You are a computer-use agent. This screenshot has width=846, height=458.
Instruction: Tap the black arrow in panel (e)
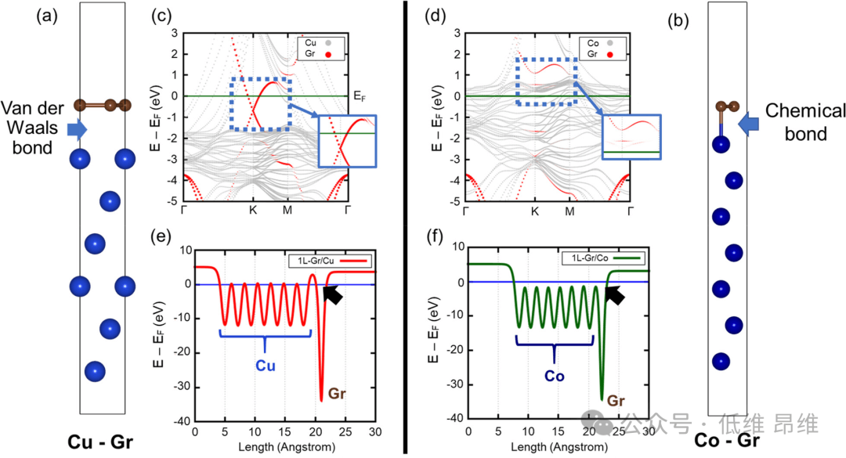pyautogui.click(x=334, y=295)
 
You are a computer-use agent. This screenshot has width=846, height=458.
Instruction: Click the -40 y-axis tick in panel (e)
pyautogui.click(x=183, y=421)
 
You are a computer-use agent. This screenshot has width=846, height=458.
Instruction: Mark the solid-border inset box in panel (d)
pyautogui.click(x=632, y=136)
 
